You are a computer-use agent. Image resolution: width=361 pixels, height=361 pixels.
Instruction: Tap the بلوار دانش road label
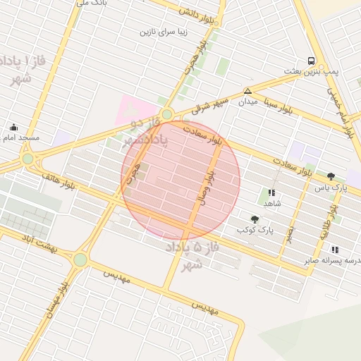pyautogui.click(x=192, y=11)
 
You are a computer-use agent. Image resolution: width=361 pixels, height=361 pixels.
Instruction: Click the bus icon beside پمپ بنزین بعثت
pyautogui.click(x=311, y=61)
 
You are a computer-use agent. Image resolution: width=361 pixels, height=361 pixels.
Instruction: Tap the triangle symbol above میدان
pyautogui.click(x=247, y=91)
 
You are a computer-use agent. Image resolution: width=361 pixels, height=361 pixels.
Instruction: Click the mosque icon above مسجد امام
pyautogui.click(x=13, y=128)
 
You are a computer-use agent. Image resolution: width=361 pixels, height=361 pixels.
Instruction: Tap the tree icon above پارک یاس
pyautogui.click(x=331, y=177)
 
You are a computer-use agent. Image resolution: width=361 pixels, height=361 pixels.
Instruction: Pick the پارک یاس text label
pyautogui.click(x=331, y=188)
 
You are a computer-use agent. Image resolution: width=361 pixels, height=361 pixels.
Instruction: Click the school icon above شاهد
pyautogui.click(x=271, y=192)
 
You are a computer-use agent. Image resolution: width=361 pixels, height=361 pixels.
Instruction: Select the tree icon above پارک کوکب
pyautogui.click(x=255, y=220)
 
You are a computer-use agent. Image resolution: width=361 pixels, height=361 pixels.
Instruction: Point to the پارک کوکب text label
pyautogui.click(x=255, y=230)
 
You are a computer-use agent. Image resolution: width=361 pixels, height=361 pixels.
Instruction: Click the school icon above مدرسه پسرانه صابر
pyautogui.click(x=334, y=250)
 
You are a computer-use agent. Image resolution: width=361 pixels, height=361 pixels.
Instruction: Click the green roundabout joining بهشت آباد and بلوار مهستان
pyautogui.click(x=80, y=259)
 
